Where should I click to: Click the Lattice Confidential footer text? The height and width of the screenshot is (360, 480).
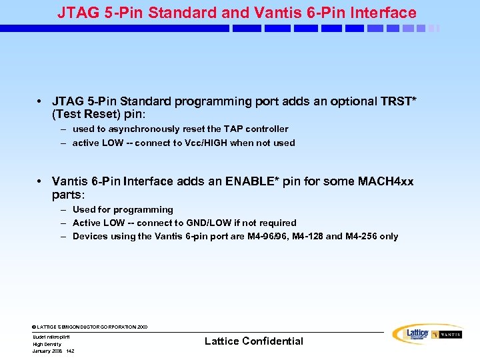253,341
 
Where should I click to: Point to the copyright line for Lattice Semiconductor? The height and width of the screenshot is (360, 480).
90,327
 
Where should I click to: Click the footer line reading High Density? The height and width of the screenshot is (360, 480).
47,344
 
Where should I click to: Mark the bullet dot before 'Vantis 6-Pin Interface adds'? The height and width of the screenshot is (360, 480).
41,182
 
